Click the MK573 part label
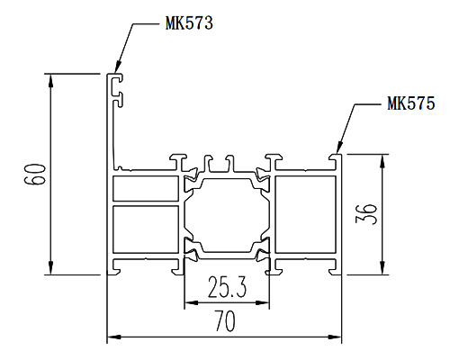coord(189,22)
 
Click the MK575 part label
coord(411,103)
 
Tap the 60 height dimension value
coord(35,174)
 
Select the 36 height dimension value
coord(366,214)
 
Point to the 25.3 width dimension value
coord(227,287)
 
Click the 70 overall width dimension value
coord(225,321)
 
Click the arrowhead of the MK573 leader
coord(117,67)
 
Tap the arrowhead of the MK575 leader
coord(338,148)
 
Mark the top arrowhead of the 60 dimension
coord(51,80)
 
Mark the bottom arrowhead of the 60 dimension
coord(51,268)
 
